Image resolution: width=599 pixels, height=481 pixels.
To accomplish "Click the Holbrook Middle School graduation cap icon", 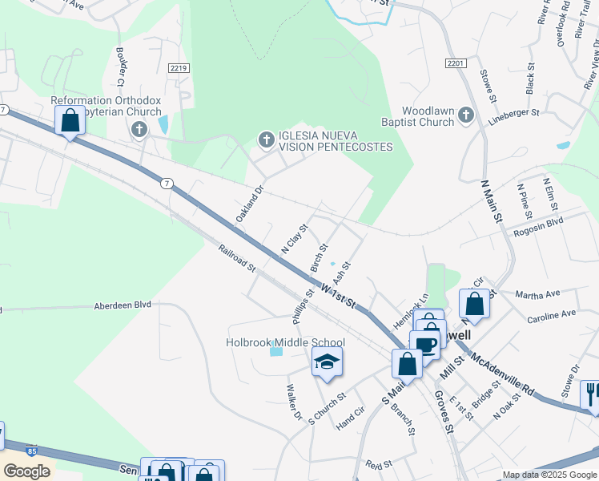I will point(328,362).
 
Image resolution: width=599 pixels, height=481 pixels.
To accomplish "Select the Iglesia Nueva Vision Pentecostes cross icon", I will point(267,141).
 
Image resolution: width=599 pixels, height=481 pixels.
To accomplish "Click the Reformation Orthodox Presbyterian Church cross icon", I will point(139,129).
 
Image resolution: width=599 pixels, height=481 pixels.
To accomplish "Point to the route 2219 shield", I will point(179,69).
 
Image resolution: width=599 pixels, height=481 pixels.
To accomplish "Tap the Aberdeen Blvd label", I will point(122,305).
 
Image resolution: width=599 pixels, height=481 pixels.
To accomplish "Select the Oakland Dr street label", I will point(249,205).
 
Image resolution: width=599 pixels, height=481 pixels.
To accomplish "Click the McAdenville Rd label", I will point(502,374).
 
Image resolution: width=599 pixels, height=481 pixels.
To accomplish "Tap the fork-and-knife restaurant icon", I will point(591,394).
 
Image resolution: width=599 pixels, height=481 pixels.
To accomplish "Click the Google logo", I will point(27,471).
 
